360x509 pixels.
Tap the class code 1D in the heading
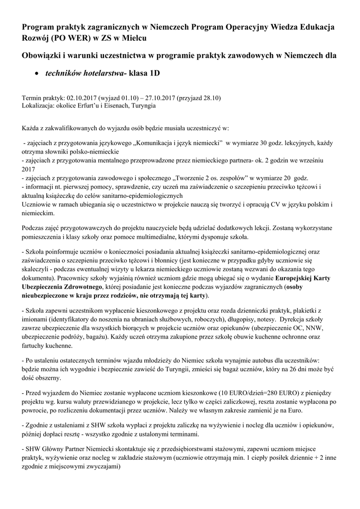pos(154,73)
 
